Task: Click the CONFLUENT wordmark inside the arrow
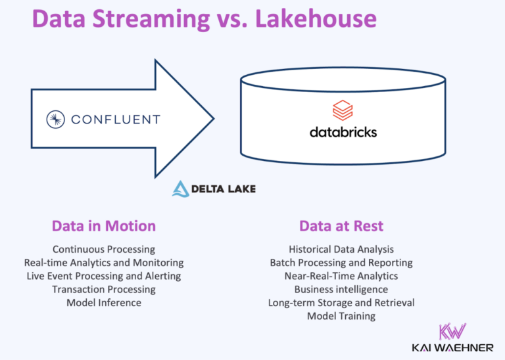(x=115, y=120)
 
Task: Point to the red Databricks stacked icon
(x=343, y=110)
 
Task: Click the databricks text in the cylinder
(x=343, y=131)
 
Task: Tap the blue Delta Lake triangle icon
(x=181, y=189)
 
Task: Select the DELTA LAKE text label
(x=223, y=189)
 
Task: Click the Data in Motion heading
(x=104, y=226)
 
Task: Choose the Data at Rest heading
(x=341, y=226)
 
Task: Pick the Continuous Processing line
(x=104, y=249)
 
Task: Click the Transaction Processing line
(x=104, y=289)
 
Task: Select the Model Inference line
(x=104, y=302)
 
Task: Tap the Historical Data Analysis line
(x=341, y=249)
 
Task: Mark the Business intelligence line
(x=341, y=289)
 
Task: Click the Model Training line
(x=341, y=316)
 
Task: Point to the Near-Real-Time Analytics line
(x=341, y=276)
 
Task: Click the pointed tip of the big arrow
(x=212, y=118)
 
